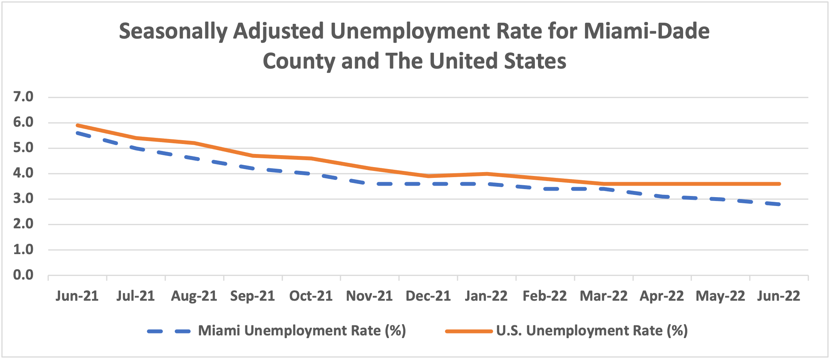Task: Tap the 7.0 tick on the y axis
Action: click(x=23, y=97)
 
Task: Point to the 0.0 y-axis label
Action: click(x=23, y=275)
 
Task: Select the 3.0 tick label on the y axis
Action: click(x=23, y=199)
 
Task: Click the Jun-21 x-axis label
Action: click(x=77, y=296)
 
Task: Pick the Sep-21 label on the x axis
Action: click(x=253, y=296)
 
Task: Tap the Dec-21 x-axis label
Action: click(x=428, y=296)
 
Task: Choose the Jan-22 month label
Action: click(x=486, y=296)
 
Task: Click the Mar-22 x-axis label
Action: click(x=603, y=296)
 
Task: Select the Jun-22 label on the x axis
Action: click(x=779, y=296)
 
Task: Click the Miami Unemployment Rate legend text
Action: click(x=302, y=331)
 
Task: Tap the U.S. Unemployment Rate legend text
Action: click(x=592, y=331)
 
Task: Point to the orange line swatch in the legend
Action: click(x=469, y=331)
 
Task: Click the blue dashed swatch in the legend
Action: click(x=169, y=331)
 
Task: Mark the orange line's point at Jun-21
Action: click(x=77, y=125)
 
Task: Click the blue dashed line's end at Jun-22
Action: click(x=779, y=204)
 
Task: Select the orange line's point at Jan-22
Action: click(x=487, y=174)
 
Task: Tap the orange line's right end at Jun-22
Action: click(x=779, y=184)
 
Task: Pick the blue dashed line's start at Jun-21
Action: click(x=77, y=133)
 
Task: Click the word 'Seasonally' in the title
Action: click(x=173, y=32)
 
